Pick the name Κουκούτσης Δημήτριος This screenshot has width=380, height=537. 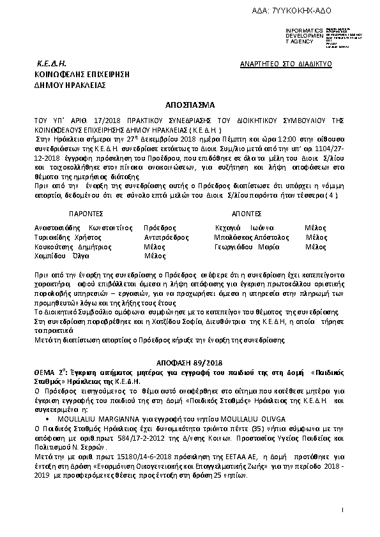tap(65, 246)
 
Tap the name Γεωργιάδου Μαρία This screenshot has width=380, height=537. tap(247, 246)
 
